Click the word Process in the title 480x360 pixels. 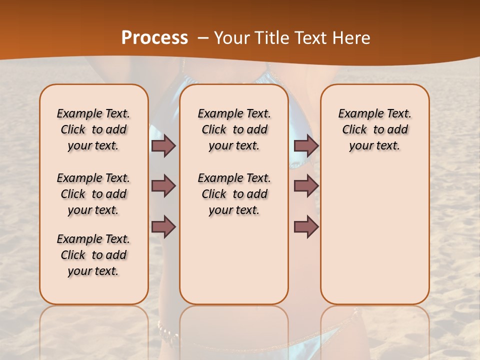click(x=154, y=37)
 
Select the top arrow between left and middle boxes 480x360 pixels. click(x=163, y=145)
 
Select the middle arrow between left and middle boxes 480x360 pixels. click(x=163, y=186)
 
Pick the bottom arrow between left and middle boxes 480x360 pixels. click(x=163, y=226)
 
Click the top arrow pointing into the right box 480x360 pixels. click(x=306, y=145)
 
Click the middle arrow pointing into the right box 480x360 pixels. click(x=306, y=186)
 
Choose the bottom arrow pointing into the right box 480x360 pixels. click(x=306, y=226)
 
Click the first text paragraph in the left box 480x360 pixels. click(x=93, y=129)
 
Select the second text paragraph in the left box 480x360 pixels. click(x=93, y=194)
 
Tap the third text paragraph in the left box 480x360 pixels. click(x=93, y=255)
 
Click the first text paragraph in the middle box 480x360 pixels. click(x=234, y=129)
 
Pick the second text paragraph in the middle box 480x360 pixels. click(x=234, y=194)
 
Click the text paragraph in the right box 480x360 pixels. click(x=374, y=129)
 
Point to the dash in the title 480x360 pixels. click(x=203, y=38)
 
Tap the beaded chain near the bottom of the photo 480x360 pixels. click(x=167, y=331)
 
